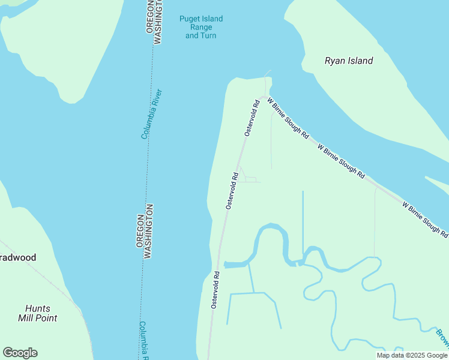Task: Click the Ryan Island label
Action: click(x=349, y=61)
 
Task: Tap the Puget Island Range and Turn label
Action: click(x=200, y=27)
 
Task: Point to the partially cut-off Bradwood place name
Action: click(x=18, y=257)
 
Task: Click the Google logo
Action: click(x=20, y=353)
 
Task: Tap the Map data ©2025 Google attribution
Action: click(x=412, y=355)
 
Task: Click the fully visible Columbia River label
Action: click(x=152, y=114)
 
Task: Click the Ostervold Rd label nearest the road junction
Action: click(x=252, y=118)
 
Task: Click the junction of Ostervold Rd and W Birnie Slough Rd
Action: click(x=262, y=98)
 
